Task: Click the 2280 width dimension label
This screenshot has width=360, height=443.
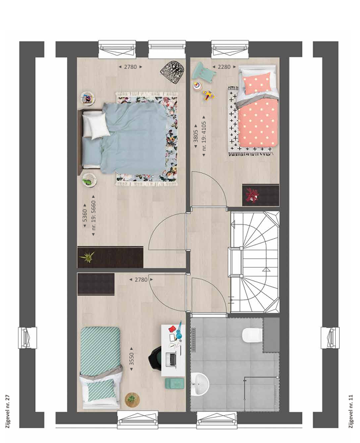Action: coord(224,67)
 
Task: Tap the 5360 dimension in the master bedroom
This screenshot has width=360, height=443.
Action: coord(85,216)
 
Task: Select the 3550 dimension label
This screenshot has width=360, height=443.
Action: coord(132,359)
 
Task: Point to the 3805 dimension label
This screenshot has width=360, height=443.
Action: coord(196,132)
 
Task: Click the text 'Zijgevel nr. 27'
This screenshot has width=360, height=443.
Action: coord(8,411)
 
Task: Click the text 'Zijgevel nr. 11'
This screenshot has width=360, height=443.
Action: coord(351,411)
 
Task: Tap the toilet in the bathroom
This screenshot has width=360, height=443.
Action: coord(253,335)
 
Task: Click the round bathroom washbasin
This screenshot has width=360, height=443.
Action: coord(200,383)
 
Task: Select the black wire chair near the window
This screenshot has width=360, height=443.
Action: coord(173,72)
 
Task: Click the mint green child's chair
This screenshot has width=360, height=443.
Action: coord(204,72)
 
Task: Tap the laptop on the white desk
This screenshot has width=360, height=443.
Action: coord(171,359)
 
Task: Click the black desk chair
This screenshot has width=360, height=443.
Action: coord(155,358)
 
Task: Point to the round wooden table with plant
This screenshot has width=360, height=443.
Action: coord(132,400)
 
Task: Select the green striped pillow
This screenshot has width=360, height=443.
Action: coord(101,390)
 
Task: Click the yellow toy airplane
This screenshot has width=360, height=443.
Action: coord(209,95)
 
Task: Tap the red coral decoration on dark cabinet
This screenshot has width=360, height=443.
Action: coord(252,195)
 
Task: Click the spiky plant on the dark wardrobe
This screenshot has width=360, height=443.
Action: coord(87,257)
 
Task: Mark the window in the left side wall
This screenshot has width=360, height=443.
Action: coord(27,338)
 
